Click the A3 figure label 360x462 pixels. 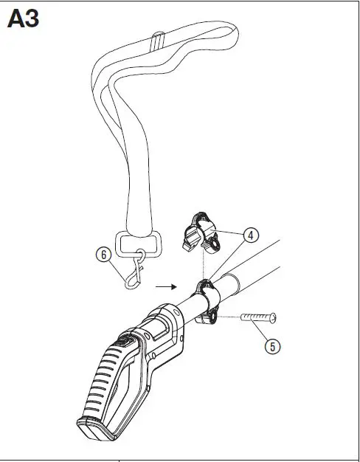[x=23, y=18]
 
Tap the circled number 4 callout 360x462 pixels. [x=251, y=235]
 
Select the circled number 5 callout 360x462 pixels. [x=273, y=344]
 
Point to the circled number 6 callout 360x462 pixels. [x=105, y=254]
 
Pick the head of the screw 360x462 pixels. [x=274, y=317]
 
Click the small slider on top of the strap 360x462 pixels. [x=157, y=39]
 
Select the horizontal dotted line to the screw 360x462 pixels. [x=229, y=318]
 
